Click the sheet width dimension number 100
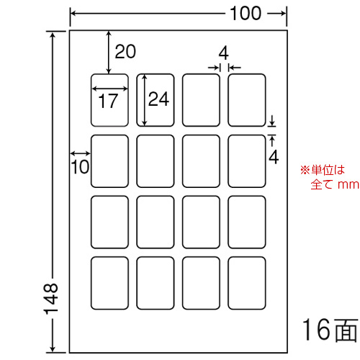coord(246,14)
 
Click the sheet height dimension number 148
coord(51,299)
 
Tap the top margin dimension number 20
coord(125,52)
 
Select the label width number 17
coord(108,101)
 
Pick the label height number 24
coord(158,99)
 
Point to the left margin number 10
coord(80,167)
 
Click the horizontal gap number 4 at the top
coord(224,53)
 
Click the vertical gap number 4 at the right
coord(274,157)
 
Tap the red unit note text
coord(330,177)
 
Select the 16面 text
coord(330,330)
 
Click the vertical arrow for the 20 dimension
coord(109,53)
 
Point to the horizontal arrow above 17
coord(110,89)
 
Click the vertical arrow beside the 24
coord(144,100)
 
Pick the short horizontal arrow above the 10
coord(81,153)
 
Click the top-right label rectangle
coord(247,100)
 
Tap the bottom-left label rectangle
coord(109,283)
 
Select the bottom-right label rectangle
coord(247,283)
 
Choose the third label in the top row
coord(201,100)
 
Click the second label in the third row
coord(156,222)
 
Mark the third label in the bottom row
coord(201,283)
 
